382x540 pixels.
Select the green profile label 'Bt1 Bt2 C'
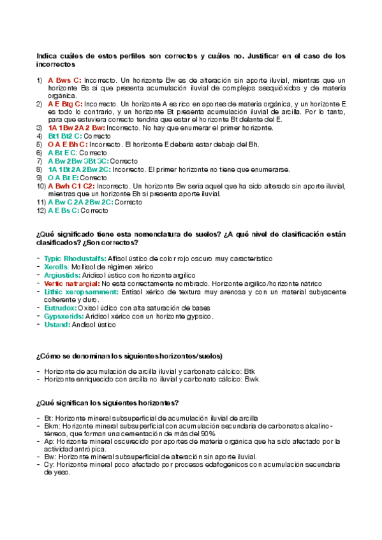point(65,136)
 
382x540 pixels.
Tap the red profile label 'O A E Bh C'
point(67,145)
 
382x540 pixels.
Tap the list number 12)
point(40,211)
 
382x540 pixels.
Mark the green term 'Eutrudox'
point(62,308)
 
